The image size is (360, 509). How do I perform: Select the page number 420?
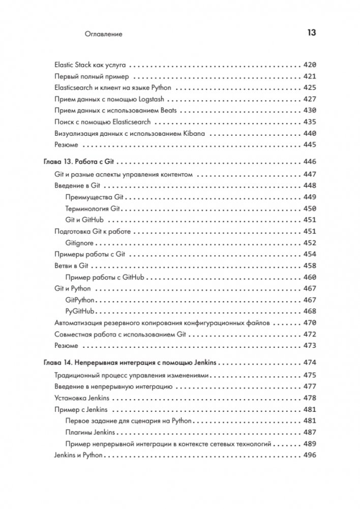pos(310,65)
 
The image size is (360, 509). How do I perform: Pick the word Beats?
pos(167,110)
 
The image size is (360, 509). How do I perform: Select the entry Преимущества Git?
pos(95,197)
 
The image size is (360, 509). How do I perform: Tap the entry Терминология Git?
pos(96,208)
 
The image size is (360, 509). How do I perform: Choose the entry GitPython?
pos(80,300)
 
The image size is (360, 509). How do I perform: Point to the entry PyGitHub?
pos(80,311)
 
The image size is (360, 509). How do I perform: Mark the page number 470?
pos(310,322)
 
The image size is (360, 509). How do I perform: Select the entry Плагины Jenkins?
pos(91,432)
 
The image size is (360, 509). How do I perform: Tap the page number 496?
pos(310,455)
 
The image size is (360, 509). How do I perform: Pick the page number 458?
pos(310,265)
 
